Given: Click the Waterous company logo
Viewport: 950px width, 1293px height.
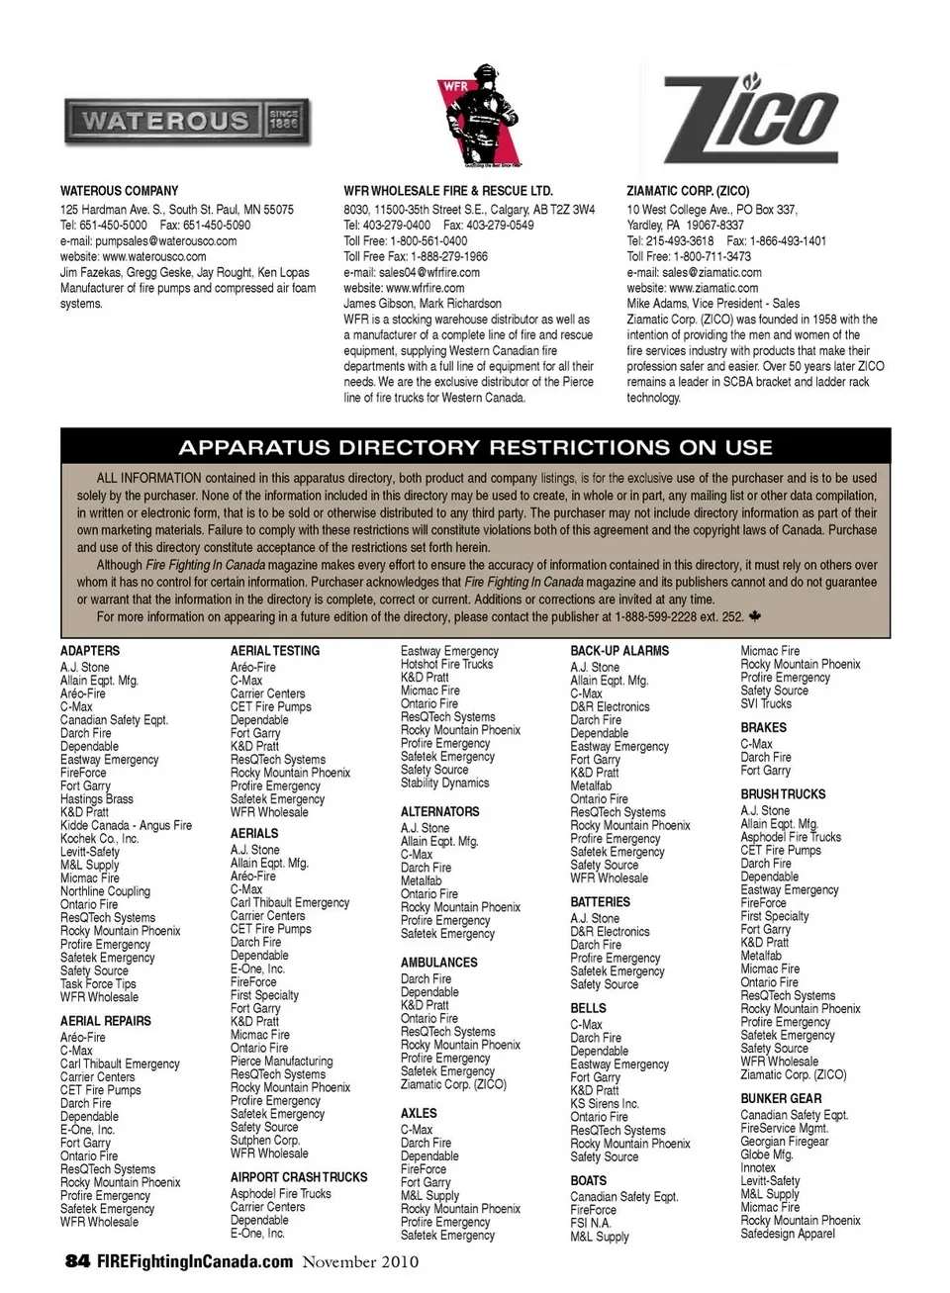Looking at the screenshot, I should click(186, 123).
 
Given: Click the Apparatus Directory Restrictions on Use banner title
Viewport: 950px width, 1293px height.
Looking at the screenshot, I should click(475, 447).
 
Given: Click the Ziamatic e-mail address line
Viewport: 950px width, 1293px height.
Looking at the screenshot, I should click(694, 272).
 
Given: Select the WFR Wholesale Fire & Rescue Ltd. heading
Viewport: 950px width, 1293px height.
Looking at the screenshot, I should click(448, 191).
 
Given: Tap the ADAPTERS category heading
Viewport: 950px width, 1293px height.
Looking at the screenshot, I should click(90, 651).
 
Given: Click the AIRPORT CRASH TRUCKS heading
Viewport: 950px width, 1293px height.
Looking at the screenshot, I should click(299, 1177).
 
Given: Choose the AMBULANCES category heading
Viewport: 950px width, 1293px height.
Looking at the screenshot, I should click(438, 962).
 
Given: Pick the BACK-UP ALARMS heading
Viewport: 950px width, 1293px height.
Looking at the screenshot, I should click(619, 651).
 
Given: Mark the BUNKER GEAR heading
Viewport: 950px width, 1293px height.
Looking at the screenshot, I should click(781, 1098).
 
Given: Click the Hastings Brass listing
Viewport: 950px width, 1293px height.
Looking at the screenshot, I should click(96, 799).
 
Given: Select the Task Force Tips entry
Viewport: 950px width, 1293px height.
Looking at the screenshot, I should click(98, 984).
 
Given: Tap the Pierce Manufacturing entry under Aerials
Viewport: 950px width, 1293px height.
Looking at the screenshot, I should click(281, 1062).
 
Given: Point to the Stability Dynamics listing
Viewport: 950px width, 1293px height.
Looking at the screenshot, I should click(444, 783).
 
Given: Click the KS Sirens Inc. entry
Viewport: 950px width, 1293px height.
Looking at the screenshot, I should click(605, 1104).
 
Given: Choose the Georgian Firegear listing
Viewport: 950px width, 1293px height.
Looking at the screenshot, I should click(785, 1142).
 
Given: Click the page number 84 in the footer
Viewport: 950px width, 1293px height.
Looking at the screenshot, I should click(77, 1261).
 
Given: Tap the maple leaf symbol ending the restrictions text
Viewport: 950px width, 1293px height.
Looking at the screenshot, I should click(756, 616).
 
